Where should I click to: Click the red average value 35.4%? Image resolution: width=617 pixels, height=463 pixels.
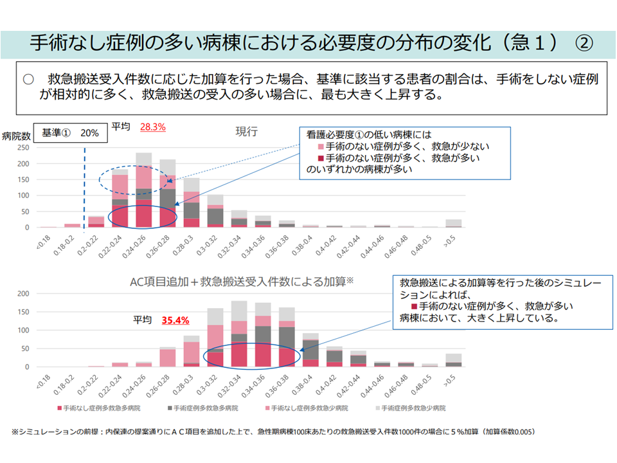point(175,320)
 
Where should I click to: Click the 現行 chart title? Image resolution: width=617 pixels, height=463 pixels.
point(246,131)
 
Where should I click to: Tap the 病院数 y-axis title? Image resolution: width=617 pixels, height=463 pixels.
point(17,136)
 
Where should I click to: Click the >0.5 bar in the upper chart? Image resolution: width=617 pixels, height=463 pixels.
point(454,223)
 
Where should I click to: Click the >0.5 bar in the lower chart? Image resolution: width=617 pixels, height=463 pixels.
point(454,360)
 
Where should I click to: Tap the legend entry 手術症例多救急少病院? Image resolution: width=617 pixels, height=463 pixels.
point(413,408)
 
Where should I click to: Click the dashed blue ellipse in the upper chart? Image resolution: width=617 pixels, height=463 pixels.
point(133,179)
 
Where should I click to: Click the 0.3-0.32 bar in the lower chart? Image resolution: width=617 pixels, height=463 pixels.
point(216,338)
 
